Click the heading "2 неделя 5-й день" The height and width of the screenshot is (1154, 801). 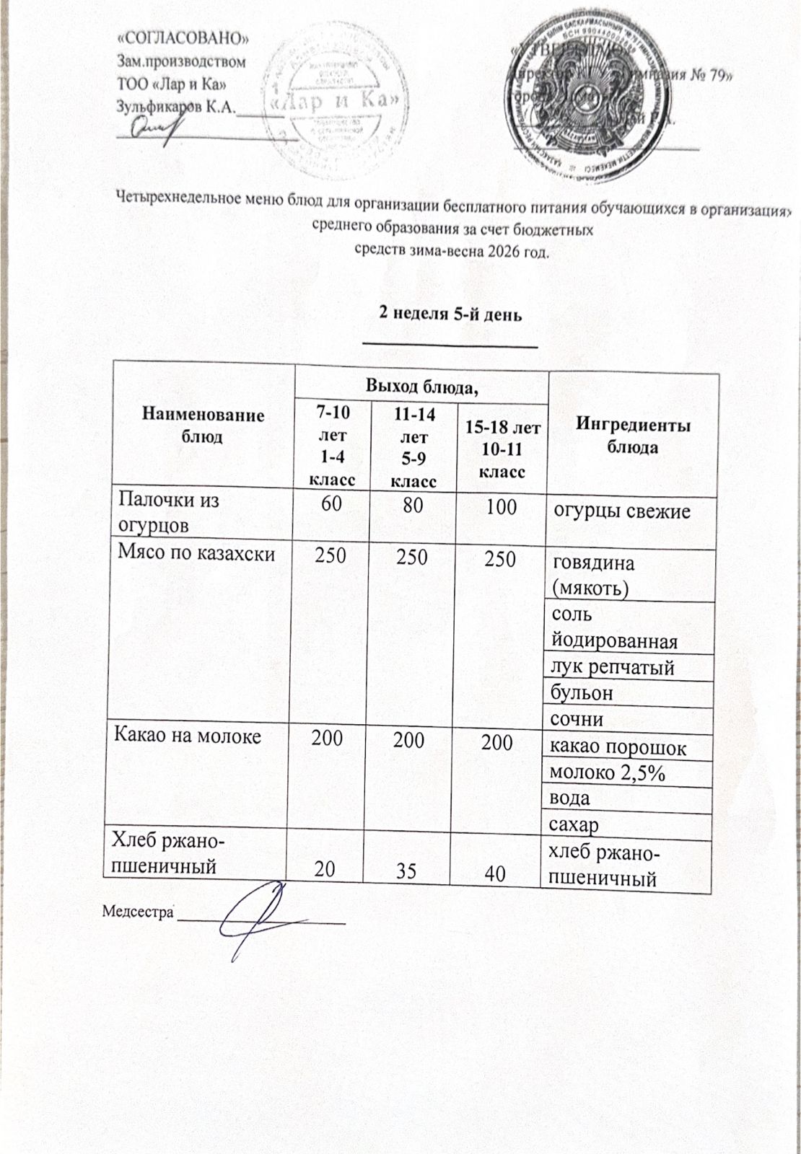450,315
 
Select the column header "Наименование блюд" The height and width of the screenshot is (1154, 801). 203,426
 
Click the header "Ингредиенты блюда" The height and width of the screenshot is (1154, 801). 632,436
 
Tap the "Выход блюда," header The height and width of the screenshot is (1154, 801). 422,387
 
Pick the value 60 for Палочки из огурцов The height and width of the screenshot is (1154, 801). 332,505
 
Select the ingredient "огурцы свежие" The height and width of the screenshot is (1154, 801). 621,511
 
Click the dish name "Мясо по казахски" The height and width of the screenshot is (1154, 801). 196,555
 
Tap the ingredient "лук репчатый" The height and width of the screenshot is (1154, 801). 612,668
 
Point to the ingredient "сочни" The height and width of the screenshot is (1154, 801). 577,719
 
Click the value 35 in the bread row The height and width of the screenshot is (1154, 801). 406,871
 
